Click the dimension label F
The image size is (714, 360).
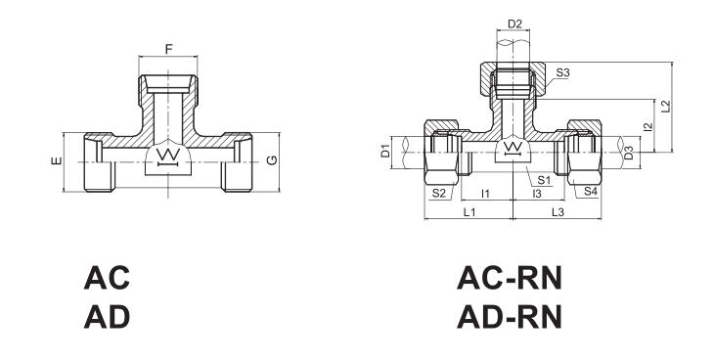point(169,49)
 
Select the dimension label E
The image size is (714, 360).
point(57,160)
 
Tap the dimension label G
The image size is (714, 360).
point(271,160)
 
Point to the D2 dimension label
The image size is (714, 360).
point(514,23)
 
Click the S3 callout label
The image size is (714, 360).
point(562,72)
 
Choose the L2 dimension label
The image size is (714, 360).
point(666,107)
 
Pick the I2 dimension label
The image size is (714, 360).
point(648,126)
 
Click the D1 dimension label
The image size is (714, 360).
point(385,151)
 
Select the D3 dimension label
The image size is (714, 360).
point(628,153)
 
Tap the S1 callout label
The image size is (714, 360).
point(544,180)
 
